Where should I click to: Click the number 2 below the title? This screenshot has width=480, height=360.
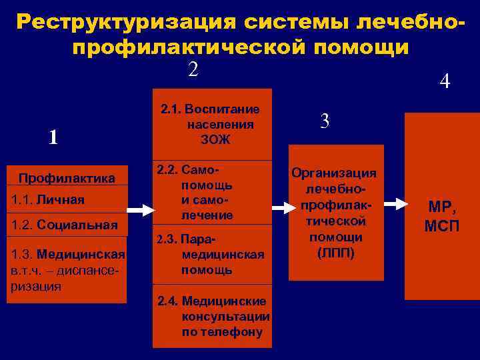click(x=193, y=69)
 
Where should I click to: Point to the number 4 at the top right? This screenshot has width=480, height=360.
click(x=445, y=82)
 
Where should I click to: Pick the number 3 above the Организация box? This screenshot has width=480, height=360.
click(x=325, y=121)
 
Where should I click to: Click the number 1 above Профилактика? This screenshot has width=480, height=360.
click(x=53, y=137)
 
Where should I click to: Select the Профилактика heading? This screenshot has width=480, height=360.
click(x=67, y=178)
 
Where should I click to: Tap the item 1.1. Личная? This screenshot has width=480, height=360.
click(x=48, y=199)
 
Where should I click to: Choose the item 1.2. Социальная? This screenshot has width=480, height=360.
click(x=65, y=225)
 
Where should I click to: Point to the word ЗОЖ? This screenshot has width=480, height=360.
click(x=215, y=139)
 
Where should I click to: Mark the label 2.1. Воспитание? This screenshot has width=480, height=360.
click(x=211, y=109)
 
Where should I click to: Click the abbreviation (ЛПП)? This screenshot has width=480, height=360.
click(x=336, y=253)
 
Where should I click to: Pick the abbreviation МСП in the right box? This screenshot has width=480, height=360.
click(x=441, y=225)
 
